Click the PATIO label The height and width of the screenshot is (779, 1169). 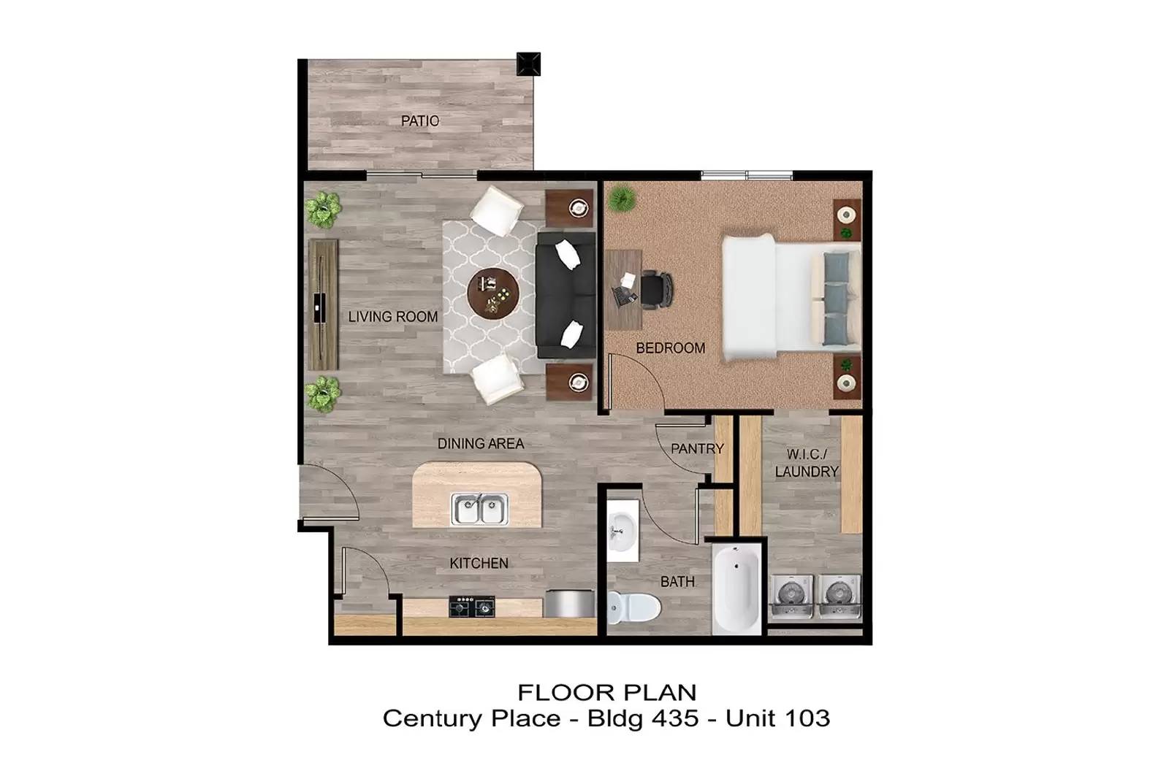point(420,121)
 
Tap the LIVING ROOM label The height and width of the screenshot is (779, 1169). point(392,317)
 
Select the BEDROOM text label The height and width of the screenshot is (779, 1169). point(670,348)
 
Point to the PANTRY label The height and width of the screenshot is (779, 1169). point(697,448)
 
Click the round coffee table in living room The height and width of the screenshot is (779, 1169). point(492,292)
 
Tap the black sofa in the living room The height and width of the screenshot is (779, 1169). point(566,295)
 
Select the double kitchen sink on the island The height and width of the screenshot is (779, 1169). point(479,509)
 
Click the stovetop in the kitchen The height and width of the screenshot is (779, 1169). point(471,606)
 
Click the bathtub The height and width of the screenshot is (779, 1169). point(736,588)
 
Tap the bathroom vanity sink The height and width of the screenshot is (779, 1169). point(622,529)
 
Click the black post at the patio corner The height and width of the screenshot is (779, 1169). point(528,64)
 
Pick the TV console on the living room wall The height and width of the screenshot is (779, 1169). point(322,304)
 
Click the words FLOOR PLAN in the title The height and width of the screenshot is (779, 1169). point(606,691)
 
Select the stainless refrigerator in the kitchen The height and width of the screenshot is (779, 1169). point(568,604)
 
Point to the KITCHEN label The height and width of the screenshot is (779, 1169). point(479,563)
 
